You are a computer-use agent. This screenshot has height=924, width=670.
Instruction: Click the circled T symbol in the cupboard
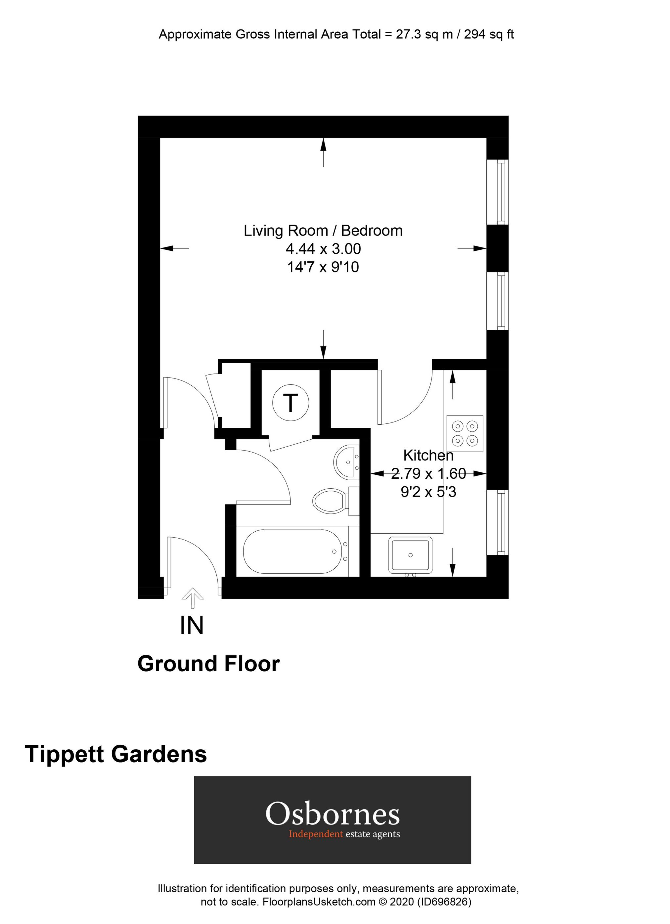[x=290, y=403]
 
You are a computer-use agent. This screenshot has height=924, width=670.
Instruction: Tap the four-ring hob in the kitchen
[x=465, y=433]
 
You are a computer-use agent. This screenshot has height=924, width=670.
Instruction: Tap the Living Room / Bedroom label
[x=323, y=231]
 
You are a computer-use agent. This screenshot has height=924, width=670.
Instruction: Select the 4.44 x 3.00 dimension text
[x=323, y=248]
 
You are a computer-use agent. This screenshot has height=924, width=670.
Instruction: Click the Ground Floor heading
[x=208, y=664]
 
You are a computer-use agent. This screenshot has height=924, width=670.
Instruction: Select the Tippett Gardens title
[x=116, y=742]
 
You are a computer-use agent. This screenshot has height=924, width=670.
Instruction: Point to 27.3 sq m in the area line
[x=424, y=34]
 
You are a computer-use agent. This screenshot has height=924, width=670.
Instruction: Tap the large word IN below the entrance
[x=192, y=626]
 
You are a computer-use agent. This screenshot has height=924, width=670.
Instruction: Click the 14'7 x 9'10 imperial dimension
[x=323, y=267]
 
